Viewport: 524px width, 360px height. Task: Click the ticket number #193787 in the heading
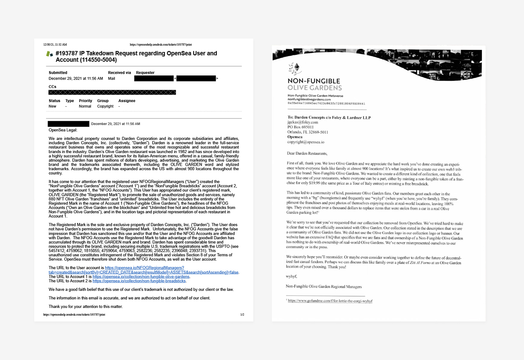(x=67, y=53)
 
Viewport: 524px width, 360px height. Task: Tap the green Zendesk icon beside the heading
(x=49, y=54)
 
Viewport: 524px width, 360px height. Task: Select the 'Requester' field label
(x=145, y=73)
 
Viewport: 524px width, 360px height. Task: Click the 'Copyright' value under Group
(x=105, y=107)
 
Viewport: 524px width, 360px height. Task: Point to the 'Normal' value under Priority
(x=85, y=107)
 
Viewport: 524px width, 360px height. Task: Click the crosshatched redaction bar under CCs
(x=112, y=92)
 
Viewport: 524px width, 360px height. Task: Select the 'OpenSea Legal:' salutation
(x=63, y=130)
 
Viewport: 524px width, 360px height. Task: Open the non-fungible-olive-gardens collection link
(x=141, y=277)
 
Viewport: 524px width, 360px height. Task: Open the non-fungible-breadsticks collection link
(x=139, y=281)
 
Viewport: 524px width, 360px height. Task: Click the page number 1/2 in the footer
(x=242, y=315)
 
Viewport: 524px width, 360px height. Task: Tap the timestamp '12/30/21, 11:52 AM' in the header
(x=55, y=45)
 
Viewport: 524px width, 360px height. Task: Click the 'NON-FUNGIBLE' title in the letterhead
(x=314, y=81)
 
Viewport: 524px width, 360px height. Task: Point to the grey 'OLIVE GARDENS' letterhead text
(x=314, y=88)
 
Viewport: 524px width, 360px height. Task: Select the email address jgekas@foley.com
(x=302, y=123)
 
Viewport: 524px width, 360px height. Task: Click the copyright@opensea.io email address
(x=306, y=142)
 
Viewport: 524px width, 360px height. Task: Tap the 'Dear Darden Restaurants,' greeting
(x=307, y=153)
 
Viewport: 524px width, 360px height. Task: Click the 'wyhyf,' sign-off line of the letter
(x=291, y=276)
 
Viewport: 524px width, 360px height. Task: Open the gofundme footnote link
(x=330, y=301)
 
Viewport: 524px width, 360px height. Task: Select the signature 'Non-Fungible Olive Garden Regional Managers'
(x=323, y=287)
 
